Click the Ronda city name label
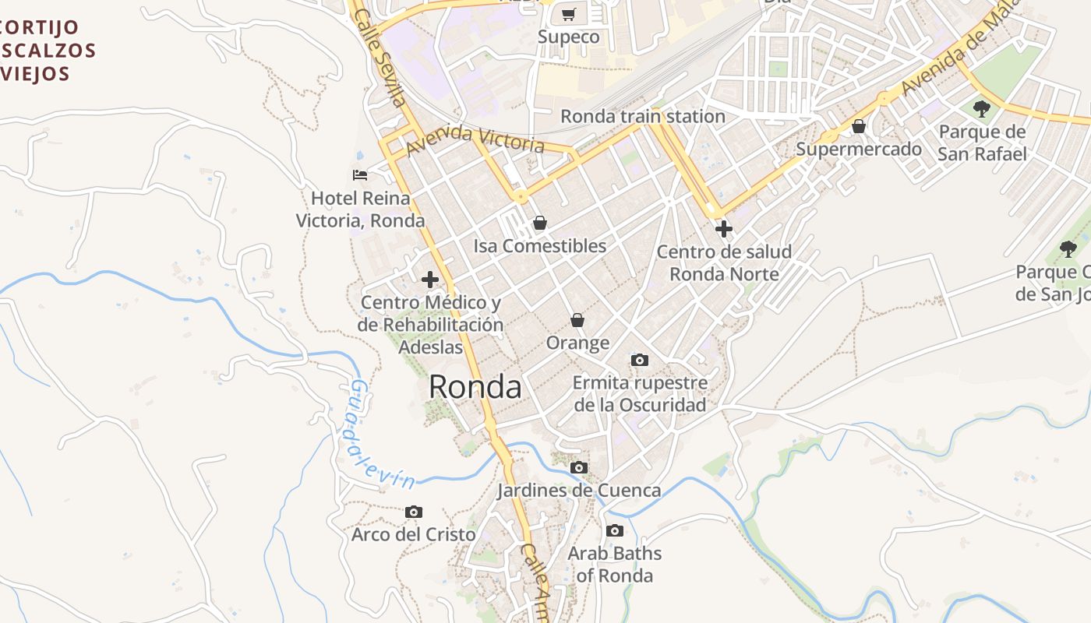(475, 386)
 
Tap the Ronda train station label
(643, 116)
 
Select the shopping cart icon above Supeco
(569, 15)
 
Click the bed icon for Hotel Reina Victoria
(359, 175)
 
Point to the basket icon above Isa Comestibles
(539, 224)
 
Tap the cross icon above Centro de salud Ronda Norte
(724, 229)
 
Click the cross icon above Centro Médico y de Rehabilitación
(430, 280)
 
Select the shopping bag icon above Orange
(577, 320)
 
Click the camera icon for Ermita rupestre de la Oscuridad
(640, 360)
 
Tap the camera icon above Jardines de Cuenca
(579, 468)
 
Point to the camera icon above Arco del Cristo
(414, 512)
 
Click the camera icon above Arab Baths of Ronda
(615, 531)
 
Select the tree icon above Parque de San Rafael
(982, 109)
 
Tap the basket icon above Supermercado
(859, 126)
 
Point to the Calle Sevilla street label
(381, 58)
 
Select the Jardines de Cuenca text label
(579, 491)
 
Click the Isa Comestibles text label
(539, 246)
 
